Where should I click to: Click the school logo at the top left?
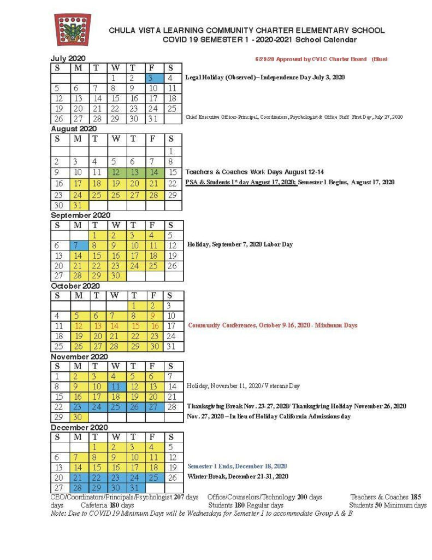tap(73, 30)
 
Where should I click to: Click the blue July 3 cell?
tap(152, 78)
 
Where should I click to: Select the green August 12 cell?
tap(116, 172)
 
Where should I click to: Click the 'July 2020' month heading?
tap(68, 59)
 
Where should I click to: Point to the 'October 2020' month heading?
tap(75, 286)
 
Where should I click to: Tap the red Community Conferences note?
tap(273, 325)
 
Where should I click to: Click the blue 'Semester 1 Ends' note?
tap(237, 466)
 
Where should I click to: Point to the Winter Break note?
tap(238, 476)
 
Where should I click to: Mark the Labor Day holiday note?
tap(240, 244)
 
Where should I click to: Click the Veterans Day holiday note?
tap(243, 386)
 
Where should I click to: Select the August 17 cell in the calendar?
tap(79, 183)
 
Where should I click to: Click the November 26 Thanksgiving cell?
tap(134, 407)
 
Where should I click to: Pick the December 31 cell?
tap(134, 488)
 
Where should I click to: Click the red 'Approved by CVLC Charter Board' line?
tap(321, 59)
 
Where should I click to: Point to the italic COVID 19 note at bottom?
tap(201, 514)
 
